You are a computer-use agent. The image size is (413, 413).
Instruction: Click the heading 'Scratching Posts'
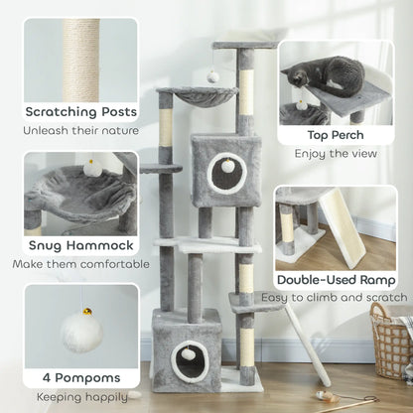81,111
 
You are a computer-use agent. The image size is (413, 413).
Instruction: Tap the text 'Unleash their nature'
81,129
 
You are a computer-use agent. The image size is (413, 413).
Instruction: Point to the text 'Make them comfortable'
81,264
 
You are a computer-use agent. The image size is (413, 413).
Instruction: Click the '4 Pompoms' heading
81,378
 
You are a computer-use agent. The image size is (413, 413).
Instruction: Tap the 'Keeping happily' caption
81,396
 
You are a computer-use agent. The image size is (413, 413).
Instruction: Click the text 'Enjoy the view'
336,155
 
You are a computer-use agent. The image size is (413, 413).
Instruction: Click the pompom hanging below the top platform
213,75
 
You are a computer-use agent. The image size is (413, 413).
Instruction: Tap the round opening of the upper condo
227,166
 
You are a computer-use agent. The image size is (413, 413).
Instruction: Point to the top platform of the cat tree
244,46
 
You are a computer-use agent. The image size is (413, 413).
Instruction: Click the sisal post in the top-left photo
82,59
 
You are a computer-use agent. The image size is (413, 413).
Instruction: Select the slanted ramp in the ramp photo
342,227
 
